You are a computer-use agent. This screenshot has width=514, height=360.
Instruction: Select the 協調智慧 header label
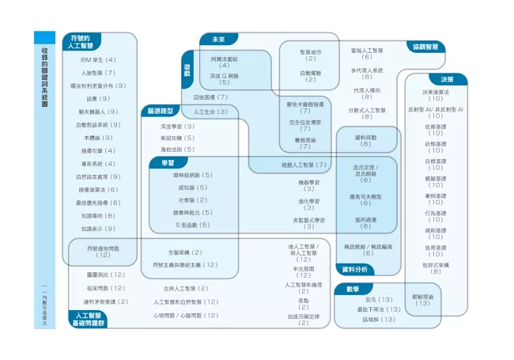(x=425, y=47)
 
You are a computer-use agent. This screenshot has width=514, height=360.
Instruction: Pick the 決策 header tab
(x=447, y=79)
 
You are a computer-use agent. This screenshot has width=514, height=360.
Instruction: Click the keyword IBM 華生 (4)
(x=98, y=59)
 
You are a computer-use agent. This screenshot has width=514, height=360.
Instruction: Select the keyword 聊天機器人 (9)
(x=98, y=112)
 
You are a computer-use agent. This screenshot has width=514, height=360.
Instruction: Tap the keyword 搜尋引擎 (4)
(x=98, y=150)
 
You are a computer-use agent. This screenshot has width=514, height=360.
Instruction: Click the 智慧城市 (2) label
(x=310, y=55)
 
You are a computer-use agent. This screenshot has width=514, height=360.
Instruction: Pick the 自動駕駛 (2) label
(x=310, y=76)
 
